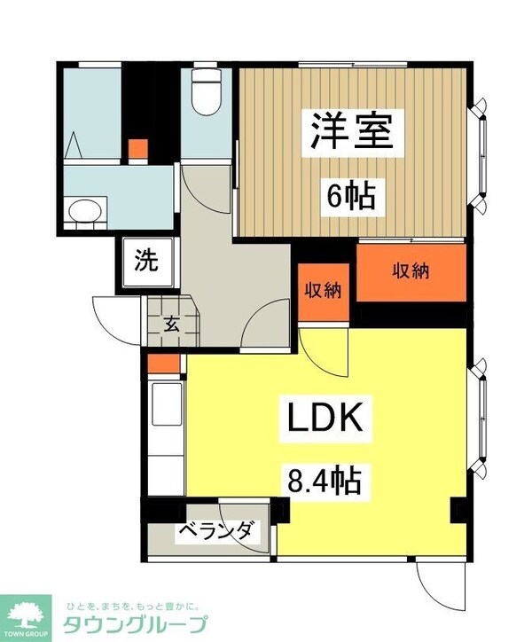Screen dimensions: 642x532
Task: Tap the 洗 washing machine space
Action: pos(146,262)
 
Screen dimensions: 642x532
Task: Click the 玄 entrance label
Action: pos(171,323)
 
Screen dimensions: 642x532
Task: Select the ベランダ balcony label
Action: pos(217,532)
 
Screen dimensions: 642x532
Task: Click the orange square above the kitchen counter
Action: pos(163,363)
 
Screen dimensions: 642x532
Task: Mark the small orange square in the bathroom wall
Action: pos(137,149)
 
